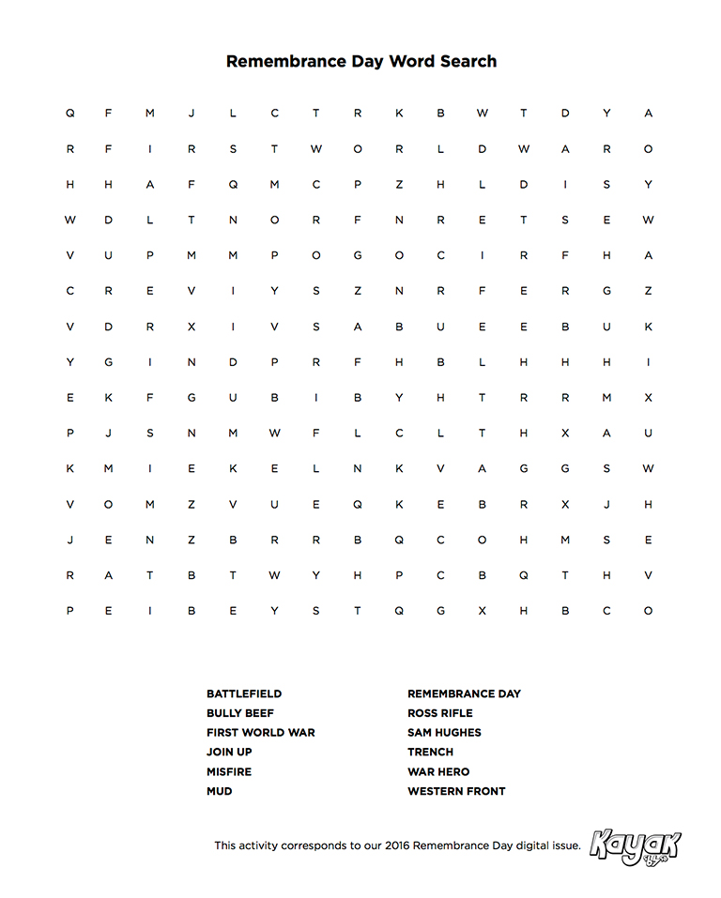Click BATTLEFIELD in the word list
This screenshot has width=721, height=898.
(244, 693)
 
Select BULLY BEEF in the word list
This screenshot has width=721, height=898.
(240, 713)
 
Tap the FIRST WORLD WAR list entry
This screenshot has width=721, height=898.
(261, 733)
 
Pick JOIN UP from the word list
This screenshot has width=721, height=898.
(229, 753)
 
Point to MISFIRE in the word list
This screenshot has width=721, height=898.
(229, 772)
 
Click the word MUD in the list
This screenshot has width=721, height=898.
(220, 792)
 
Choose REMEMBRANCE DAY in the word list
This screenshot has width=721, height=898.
(464, 693)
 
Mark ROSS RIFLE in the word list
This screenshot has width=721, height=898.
(440, 713)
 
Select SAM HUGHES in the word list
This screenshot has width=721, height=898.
(444, 733)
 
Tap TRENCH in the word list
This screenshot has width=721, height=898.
(430, 753)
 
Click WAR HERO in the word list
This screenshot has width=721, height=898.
(438, 772)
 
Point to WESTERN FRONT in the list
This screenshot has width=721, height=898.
(456, 792)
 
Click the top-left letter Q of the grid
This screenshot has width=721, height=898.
(69, 114)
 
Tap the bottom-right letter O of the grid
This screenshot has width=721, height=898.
(648, 611)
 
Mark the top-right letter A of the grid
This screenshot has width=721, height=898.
(648, 114)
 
